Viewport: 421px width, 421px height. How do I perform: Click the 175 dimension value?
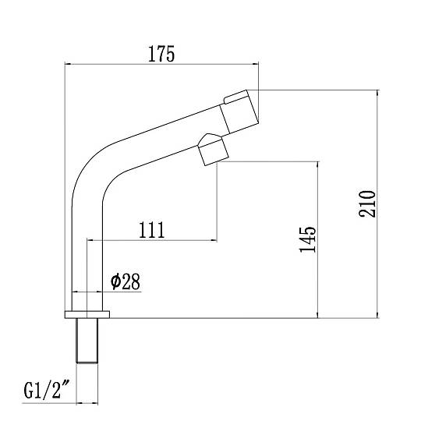pos(161,54)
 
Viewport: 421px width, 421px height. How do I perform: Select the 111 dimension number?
pos(151,230)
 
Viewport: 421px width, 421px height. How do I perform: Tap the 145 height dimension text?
pos(308,239)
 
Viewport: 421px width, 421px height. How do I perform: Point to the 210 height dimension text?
pos(367,203)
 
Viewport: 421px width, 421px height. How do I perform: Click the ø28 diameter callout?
pos(126,281)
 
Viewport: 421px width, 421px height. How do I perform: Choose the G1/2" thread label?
pos(47,391)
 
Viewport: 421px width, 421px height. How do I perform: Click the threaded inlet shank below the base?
pos(87,341)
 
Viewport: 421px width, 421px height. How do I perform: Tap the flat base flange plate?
pos(87,315)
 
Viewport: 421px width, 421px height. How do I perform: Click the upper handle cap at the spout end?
pos(239,111)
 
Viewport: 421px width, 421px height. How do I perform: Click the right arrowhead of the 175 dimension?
pos(256,64)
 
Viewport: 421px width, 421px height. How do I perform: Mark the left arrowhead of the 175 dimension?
pos(68,64)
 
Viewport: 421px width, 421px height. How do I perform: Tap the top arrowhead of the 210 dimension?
pos(378,93)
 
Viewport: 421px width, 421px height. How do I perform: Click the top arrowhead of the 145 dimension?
pos(317,165)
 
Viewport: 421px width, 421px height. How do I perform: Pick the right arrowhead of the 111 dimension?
pos(214,240)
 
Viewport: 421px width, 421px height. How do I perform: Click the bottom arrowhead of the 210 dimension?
pos(378,315)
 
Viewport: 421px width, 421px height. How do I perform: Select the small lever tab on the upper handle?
pos(236,97)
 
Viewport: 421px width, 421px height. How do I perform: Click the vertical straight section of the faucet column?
pos(87,259)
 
